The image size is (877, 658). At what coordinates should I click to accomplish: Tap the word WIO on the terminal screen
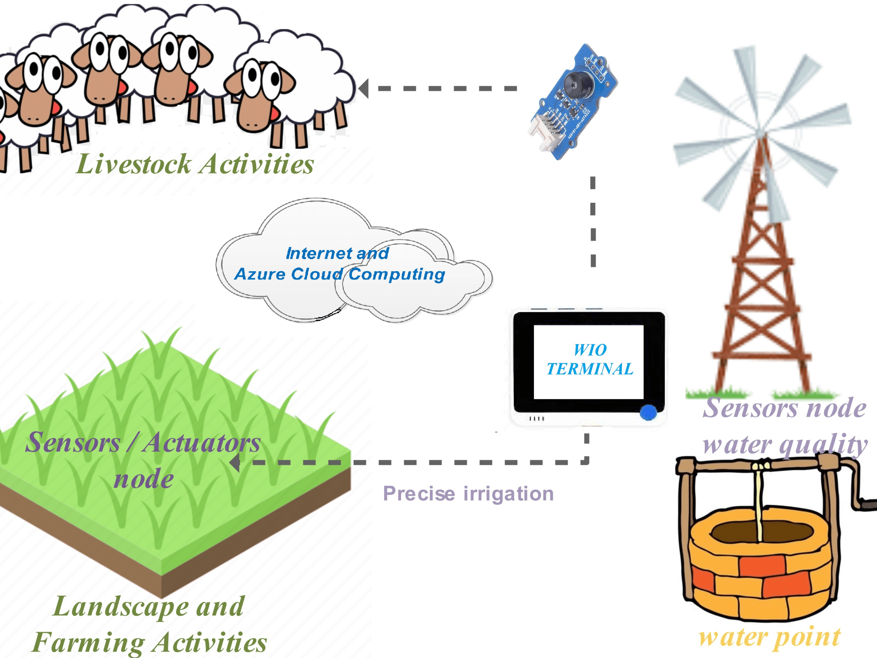click(x=590, y=350)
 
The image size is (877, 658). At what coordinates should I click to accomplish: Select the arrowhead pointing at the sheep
click(x=364, y=88)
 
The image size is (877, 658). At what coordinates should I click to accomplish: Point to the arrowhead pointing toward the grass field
click(x=235, y=463)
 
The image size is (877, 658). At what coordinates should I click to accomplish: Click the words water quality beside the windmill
click(x=784, y=444)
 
